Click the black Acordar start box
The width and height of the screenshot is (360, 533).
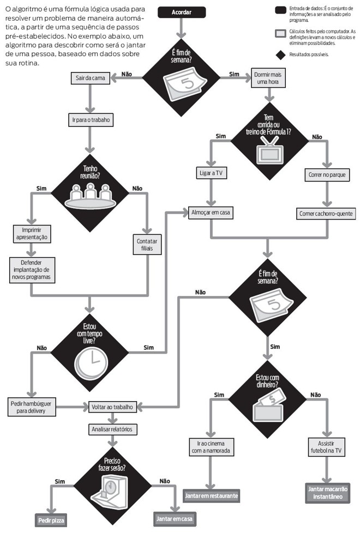(181, 12)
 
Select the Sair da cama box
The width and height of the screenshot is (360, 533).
(91, 78)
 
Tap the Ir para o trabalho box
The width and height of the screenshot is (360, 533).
(91, 119)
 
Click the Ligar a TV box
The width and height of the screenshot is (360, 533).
(211, 174)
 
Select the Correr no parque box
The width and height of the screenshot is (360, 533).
(326, 175)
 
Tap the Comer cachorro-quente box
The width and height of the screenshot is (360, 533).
(326, 213)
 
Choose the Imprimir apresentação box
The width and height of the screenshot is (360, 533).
(31, 233)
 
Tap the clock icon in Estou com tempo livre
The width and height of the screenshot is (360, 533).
(91, 361)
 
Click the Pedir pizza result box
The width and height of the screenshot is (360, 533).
(52, 520)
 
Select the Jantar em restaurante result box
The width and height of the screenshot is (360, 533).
(212, 495)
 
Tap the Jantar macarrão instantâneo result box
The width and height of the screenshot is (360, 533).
(327, 492)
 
